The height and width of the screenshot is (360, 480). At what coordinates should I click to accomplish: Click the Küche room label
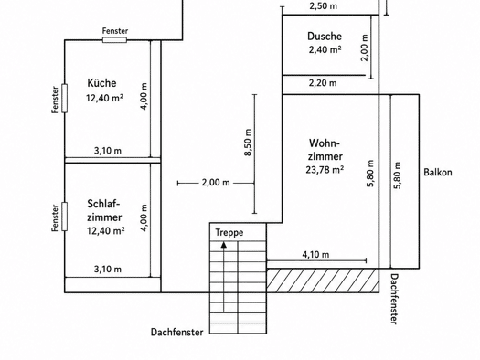tap(101, 83)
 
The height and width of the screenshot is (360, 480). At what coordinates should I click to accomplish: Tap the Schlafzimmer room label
tap(104, 210)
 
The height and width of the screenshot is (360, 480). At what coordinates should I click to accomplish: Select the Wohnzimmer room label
tap(325, 150)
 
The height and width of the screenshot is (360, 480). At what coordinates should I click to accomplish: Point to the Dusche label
tap(325, 37)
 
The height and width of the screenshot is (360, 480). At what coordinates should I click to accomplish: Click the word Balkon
tap(438, 172)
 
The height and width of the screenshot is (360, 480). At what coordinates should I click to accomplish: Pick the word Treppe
tap(229, 232)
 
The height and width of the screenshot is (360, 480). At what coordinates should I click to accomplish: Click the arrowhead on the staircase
tap(224, 245)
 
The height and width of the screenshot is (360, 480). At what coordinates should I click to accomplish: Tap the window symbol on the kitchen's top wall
tap(114, 40)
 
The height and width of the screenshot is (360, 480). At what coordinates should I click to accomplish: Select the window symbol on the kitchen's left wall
tap(65, 99)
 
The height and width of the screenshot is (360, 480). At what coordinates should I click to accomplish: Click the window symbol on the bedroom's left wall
tap(65, 217)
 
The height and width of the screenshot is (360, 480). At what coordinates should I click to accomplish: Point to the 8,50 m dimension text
tap(248, 143)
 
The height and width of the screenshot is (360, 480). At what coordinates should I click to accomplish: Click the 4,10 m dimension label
tap(315, 255)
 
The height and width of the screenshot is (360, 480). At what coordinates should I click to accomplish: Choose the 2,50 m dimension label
tap(324, 6)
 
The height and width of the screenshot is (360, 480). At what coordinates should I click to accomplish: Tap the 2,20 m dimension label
tap(323, 83)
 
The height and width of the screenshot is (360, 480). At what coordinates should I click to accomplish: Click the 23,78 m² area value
tap(325, 170)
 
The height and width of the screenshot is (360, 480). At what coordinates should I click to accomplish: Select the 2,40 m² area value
tap(325, 49)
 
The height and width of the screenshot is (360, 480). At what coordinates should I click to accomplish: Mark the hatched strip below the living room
tap(323, 281)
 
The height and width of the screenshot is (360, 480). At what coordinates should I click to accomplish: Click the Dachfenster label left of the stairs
tap(177, 333)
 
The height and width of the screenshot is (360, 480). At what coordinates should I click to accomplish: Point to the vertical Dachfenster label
tap(395, 299)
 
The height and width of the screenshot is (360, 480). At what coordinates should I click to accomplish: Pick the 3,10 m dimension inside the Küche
tap(108, 151)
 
